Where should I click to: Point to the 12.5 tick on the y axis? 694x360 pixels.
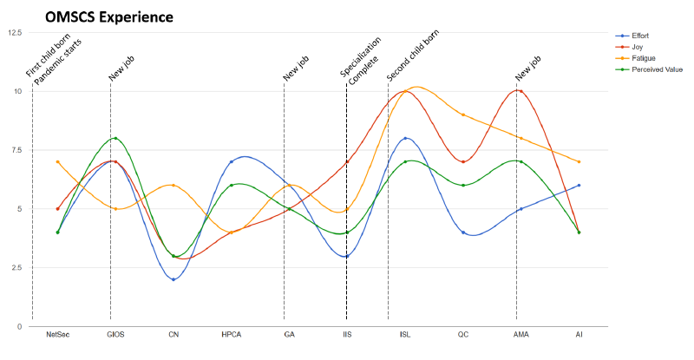15,33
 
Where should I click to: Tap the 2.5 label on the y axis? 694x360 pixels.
16,267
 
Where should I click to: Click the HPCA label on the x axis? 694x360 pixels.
232,335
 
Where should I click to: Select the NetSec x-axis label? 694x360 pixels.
58,335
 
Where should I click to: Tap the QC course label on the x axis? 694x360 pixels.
463,335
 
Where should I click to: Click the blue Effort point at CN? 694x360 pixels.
173,279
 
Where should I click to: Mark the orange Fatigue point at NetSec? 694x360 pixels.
58,162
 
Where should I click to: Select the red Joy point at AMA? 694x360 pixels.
518,91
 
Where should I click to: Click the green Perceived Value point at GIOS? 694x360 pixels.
115,139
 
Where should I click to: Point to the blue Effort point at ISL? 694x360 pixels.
405,139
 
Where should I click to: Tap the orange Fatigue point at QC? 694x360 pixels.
463,115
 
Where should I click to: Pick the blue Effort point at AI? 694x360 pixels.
579,186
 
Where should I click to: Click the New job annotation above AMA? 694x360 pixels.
528,68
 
